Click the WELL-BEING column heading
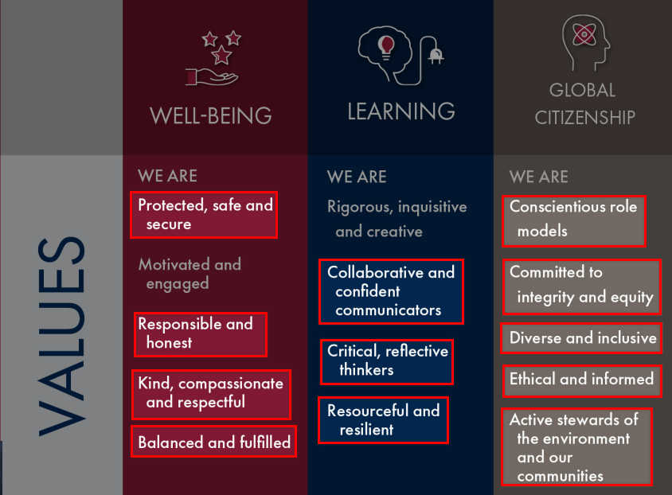(x=211, y=115)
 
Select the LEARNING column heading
(x=401, y=111)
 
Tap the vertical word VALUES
(x=62, y=337)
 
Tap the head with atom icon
(x=585, y=42)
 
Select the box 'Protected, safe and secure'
(x=204, y=215)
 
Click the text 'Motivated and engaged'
(x=189, y=274)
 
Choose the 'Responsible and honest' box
(x=201, y=334)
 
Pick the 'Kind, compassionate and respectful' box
(x=211, y=395)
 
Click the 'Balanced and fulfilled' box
(x=214, y=442)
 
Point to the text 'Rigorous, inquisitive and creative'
(x=397, y=219)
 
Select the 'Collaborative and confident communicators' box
(x=391, y=291)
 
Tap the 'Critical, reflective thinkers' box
(x=387, y=362)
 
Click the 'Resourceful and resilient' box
(x=383, y=419)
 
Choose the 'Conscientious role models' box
(x=574, y=221)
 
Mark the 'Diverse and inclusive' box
(x=581, y=338)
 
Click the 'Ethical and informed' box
(x=582, y=380)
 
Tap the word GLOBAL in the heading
(x=583, y=91)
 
